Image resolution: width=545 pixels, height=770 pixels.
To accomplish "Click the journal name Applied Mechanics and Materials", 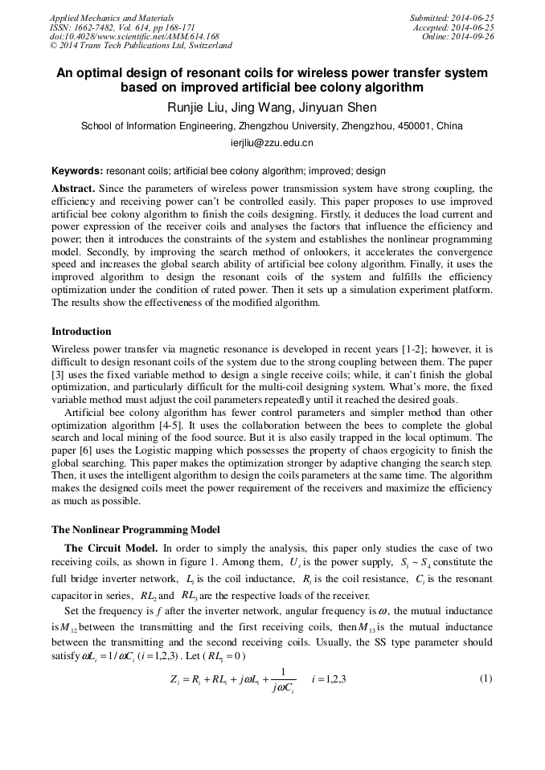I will pos(112,18).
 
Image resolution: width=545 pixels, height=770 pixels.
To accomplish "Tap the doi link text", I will pos(134,37).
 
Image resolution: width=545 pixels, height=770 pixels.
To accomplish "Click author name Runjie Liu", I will pos(194,108).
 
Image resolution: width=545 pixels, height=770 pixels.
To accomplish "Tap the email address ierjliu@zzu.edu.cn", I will pos(272,144).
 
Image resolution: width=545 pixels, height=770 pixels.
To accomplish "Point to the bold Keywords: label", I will pos(77,171).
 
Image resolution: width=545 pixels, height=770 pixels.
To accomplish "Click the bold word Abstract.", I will pos(73,189).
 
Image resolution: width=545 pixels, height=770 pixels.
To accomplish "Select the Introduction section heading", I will pos(81,332).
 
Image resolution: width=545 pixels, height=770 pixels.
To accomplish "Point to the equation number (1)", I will pos(485,678).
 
